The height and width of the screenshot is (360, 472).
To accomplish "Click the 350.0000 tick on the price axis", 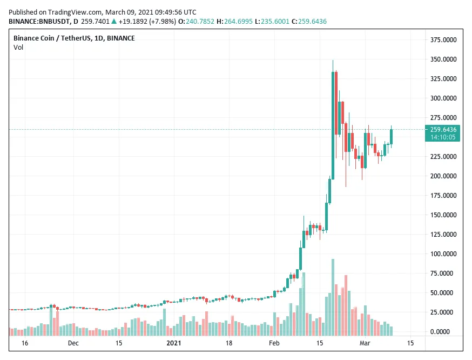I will (x=443, y=59).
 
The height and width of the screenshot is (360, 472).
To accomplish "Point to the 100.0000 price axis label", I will (x=443, y=254).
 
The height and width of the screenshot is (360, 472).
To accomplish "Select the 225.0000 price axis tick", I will (x=443, y=156).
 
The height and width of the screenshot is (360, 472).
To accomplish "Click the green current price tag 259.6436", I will (x=443, y=130).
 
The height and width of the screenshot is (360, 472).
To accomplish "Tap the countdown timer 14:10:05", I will (x=443, y=137).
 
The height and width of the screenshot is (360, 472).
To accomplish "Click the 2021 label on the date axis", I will (x=173, y=343).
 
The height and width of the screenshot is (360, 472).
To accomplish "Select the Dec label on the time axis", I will (x=73, y=343).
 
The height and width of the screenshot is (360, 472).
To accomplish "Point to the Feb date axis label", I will (x=274, y=343).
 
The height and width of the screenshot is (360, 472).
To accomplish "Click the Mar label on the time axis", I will (x=365, y=343).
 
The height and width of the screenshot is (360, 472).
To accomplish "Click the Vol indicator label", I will (x=18, y=48).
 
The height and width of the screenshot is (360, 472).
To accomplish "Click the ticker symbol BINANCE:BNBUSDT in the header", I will (x=40, y=22).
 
